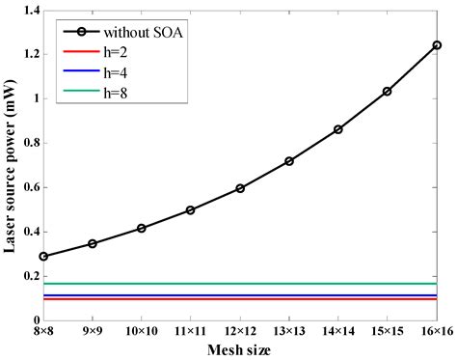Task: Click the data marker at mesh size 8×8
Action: tap(43, 256)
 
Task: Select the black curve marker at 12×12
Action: tap(240, 188)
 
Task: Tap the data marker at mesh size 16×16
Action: tap(437, 45)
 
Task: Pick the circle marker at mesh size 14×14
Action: tap(338, 129)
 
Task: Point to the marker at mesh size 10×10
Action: tap(142, 228)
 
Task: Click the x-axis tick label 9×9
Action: tap(93, 331)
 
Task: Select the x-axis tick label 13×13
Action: tap(289, 331)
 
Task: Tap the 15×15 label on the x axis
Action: tap(388, 331)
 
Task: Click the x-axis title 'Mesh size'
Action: tap(240, 349)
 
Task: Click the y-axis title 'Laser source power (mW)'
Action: tap(9, 164)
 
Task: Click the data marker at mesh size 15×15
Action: tap(388, 92)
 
